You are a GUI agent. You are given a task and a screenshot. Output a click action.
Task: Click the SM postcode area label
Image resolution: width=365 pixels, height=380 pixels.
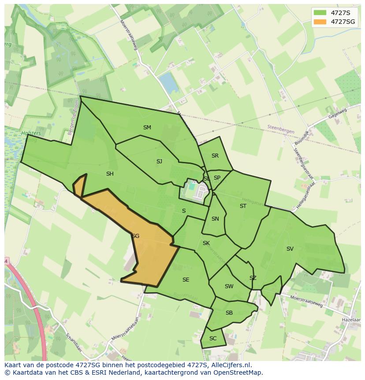[x=147, y=128]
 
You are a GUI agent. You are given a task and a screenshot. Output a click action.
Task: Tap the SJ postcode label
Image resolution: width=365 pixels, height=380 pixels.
[x=159, y=162]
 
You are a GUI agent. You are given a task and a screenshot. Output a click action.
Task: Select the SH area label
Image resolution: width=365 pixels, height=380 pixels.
[x=110, y=174]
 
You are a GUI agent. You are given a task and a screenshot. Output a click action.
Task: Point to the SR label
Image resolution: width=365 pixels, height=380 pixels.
[x=215, y=156]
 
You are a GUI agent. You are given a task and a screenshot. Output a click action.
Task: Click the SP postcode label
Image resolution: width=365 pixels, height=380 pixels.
[x=217, y=178]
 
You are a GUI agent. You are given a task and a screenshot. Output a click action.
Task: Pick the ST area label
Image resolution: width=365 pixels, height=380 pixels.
[x=243, y=206]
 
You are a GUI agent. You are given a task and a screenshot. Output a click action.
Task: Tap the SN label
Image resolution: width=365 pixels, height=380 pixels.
[x=215, y=219]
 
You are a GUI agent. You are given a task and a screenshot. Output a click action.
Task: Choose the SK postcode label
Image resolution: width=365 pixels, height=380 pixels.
[x=206, y=243]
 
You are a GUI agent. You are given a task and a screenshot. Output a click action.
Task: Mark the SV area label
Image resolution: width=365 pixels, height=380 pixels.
[x=290, y=249]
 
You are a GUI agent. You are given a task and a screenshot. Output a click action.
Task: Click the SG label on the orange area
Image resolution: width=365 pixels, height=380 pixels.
[x=135, y=236]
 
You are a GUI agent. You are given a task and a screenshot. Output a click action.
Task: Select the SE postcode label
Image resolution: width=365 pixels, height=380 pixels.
[x=186, y=280]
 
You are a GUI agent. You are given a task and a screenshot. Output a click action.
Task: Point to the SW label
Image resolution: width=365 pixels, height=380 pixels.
[x=229, y=286]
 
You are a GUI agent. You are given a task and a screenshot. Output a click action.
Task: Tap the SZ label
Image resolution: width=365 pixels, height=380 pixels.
[x=253, y=278]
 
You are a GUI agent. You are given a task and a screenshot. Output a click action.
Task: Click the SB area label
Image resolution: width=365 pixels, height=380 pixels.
[x=229, y=313]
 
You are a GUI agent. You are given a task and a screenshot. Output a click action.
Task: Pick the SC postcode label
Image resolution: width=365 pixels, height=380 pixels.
[x=213, y=339]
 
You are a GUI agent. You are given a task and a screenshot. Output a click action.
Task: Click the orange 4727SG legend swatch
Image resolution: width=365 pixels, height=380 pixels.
[x=320, y=22]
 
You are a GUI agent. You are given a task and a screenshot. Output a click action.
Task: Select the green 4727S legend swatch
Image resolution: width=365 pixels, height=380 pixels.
[x=320, y=12]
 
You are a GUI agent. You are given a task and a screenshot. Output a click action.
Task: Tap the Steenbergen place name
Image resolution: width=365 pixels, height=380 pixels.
[x=280, y=127]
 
